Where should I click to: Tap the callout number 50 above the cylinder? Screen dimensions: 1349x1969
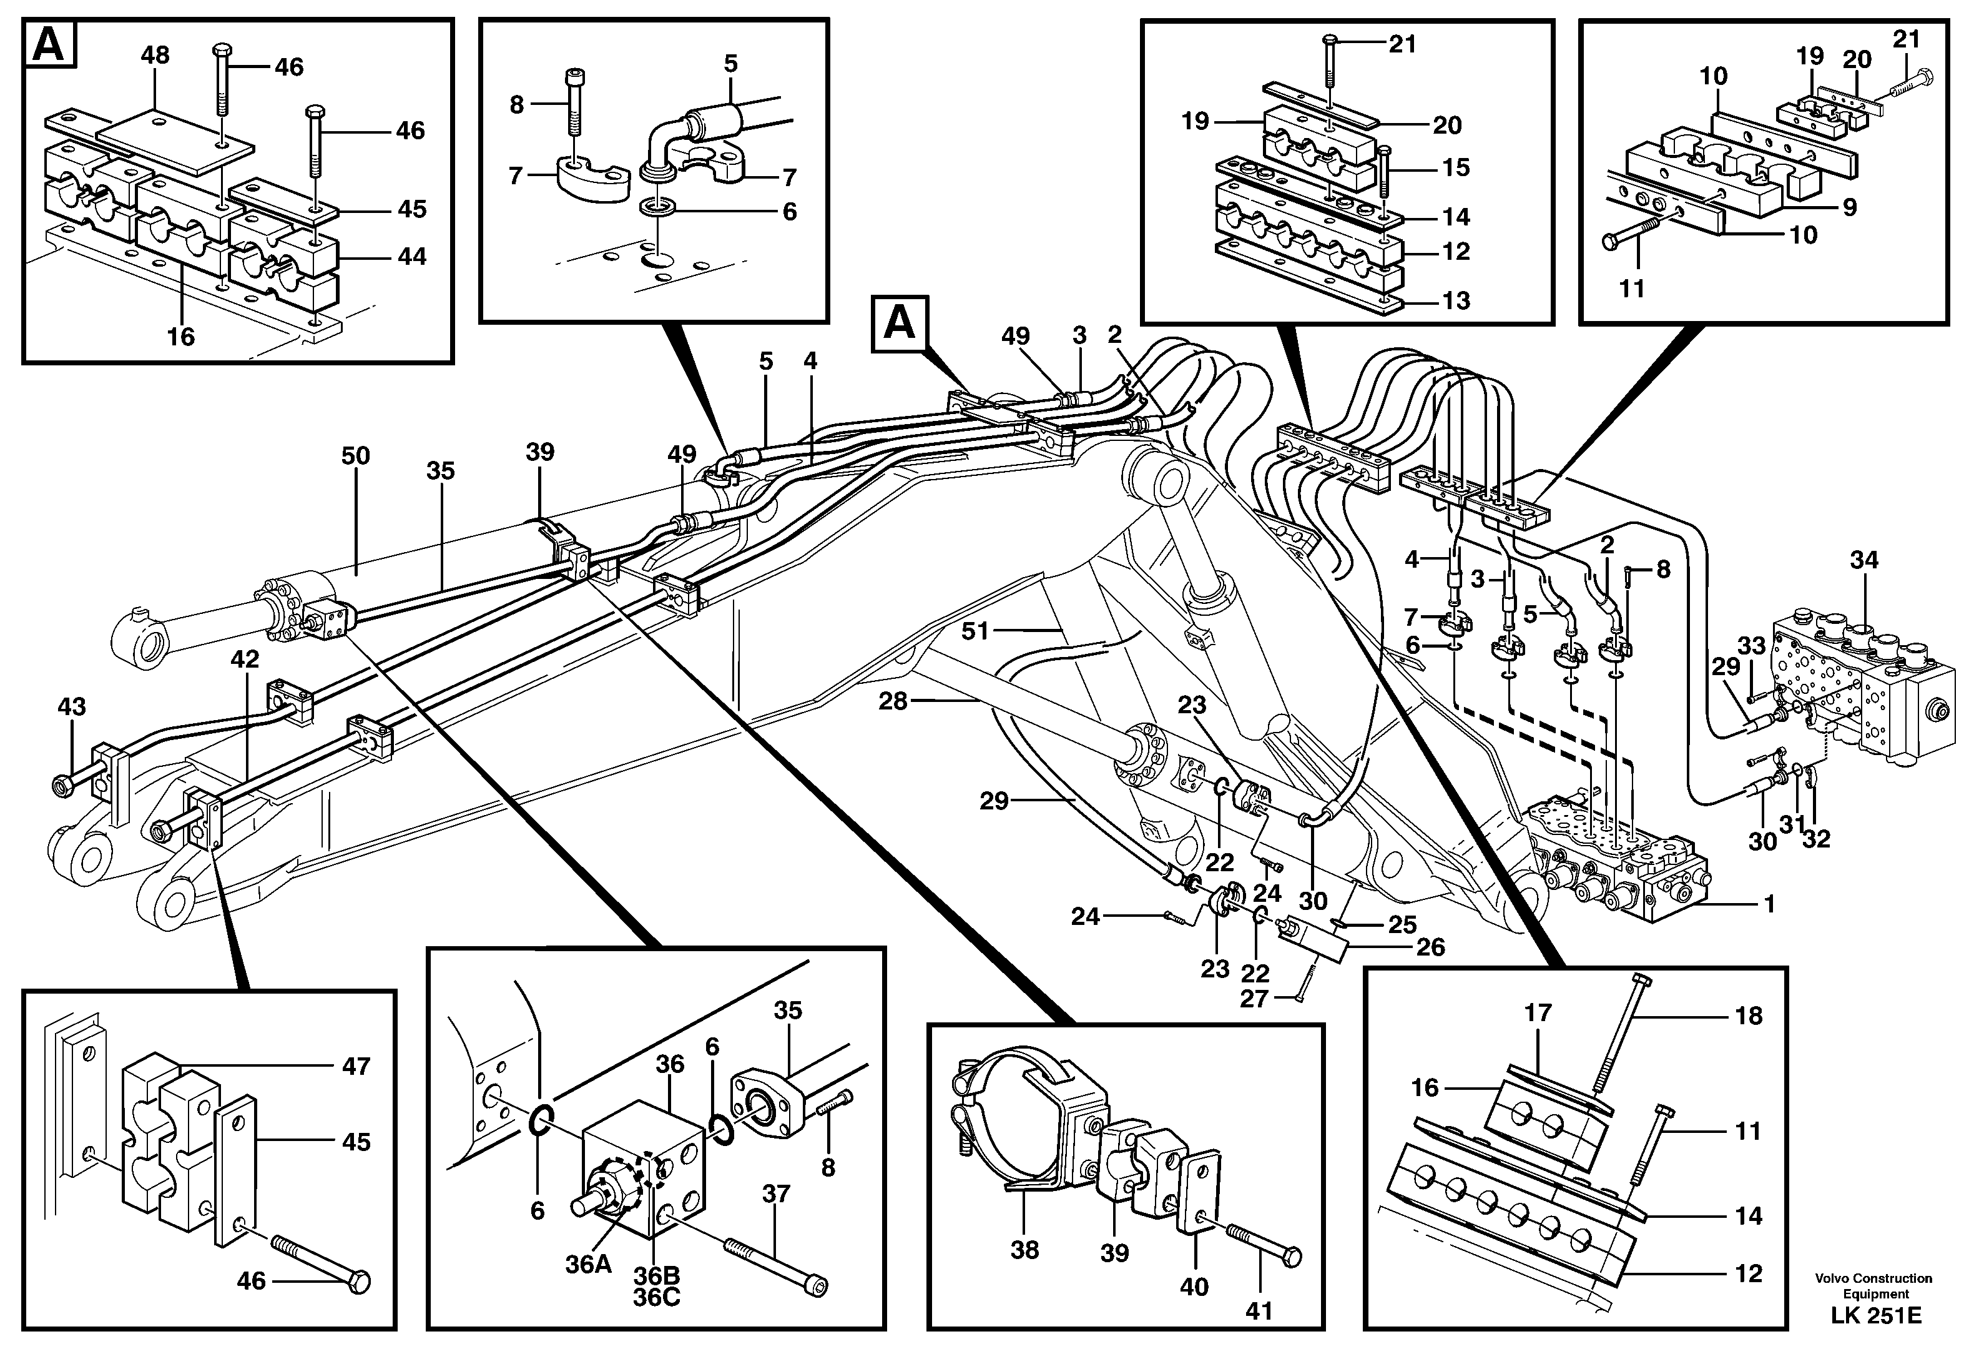(355, 456)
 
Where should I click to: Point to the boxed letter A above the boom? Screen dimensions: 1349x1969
(899, 323)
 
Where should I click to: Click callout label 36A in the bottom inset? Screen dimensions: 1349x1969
(589, 1264)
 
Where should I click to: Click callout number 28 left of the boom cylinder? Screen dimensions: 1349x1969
(893, 701)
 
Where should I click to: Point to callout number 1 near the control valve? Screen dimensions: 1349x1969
(1769, 904)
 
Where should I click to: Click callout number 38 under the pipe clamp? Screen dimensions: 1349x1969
(1024, 1249)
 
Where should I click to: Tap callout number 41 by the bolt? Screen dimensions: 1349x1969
(1259, 1311)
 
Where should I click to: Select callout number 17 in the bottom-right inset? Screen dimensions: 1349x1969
(1538, 1012)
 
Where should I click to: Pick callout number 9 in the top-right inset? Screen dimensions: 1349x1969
(1850, 206)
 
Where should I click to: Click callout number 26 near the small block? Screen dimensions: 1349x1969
(1430, 947)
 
